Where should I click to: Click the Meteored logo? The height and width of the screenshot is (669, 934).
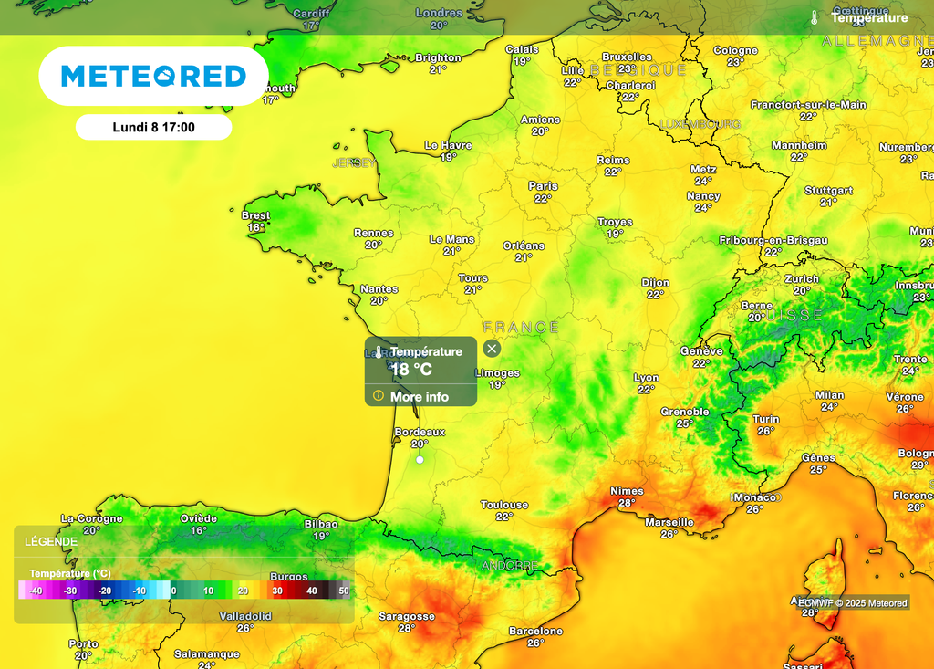(153, 76)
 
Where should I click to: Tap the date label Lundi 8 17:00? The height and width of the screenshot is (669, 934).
(153, 128)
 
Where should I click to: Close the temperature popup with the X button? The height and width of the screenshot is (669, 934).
(492, 349)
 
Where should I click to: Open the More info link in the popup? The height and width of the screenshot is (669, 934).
(419, 397)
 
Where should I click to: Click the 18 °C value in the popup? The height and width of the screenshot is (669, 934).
(411, 371)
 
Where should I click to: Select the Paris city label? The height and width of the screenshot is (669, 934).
(543, 186)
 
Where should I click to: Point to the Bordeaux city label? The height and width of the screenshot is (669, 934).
(420, 432)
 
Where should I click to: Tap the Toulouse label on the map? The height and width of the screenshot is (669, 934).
(504, 505)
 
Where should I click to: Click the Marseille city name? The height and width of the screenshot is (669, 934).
(669, 522)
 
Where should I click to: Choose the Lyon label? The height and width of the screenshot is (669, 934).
(647, 378)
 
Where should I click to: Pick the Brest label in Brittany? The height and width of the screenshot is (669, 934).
(256, 215)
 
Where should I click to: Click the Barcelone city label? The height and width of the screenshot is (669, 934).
(535, 631)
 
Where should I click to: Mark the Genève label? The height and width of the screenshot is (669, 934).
(701, 350)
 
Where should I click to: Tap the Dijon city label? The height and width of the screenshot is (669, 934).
(655, 283)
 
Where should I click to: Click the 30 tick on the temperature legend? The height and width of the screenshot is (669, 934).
(277, 591)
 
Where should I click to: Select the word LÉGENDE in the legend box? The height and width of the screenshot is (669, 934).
(51, 541)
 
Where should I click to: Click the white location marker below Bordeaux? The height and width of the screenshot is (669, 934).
(420, 460)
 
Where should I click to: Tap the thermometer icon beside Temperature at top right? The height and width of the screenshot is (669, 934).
(814, 17)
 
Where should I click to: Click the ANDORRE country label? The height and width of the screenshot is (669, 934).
(509, 566)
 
